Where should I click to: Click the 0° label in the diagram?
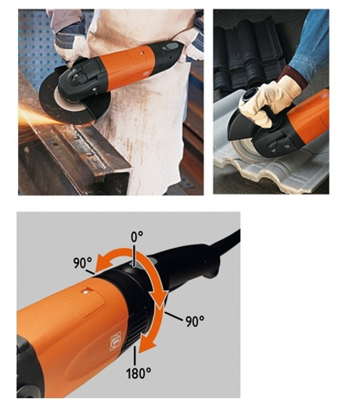coord(137,237)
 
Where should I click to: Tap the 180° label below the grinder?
coord(139,373)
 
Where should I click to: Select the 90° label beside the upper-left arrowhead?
coord(82,263)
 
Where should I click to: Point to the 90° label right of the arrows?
coord(195,321)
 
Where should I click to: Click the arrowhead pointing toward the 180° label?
coord(146,344)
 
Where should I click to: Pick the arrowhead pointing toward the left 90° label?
coord(100,263)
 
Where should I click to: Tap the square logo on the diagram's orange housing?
coord(116,341)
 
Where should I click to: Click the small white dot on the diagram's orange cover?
coord(85,292)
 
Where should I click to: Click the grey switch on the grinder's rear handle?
coord(171,47)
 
